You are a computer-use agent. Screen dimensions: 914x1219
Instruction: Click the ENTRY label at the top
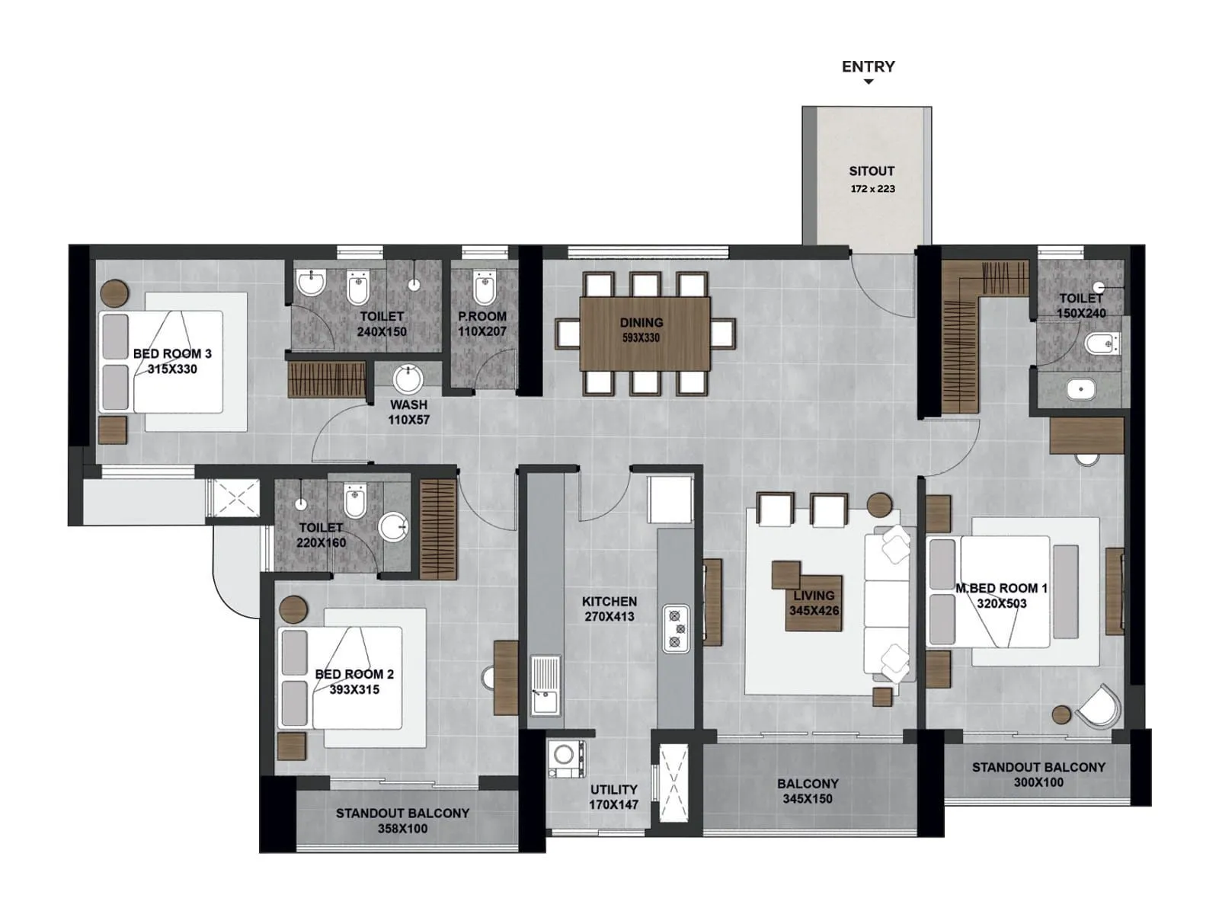pyautogui.click(x=868, y=67)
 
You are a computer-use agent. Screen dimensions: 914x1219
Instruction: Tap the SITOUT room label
pyautogui.click(x=872, y=171)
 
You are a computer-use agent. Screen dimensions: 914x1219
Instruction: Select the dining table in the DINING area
pyautogui.click(x=645, y=333)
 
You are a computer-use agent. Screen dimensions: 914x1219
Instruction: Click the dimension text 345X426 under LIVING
pyautogui.click(x=814, y=611)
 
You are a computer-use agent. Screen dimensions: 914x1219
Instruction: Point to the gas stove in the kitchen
pyautogui.click(x=676, y=628)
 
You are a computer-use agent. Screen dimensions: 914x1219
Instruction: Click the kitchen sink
pyautogui.click(x=545, y=685)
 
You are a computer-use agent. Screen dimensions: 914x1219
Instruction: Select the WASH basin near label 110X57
pyautogui.click(x=408, y=379)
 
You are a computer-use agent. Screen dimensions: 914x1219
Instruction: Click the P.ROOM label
pyautogui.click(x=482, y=316)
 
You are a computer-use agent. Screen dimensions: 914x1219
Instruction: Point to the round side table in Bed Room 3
pyautogui.click(x=114, y=292)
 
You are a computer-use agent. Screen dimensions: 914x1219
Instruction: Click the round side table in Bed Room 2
pyautogui.click(x=293, y=609)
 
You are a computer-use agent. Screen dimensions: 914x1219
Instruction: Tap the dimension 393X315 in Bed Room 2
pyautogui.click(x=354, y=690)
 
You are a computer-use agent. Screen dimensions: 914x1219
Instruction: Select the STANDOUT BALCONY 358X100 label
pyautogui.click(x=402, y=821)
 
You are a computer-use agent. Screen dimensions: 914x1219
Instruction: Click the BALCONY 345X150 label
pyautogui.click(x=808, y=791)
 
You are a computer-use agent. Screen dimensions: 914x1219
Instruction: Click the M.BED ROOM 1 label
pyautogui.click(x=1001, y=588)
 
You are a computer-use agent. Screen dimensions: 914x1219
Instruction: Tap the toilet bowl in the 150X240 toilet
pyautogui.click(x=1100, y=344)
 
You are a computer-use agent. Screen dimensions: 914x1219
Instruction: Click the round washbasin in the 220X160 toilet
pyautogui.click(x=393, y=526)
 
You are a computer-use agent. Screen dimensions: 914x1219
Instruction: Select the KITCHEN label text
pyautogui.click(x=609, y=602)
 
